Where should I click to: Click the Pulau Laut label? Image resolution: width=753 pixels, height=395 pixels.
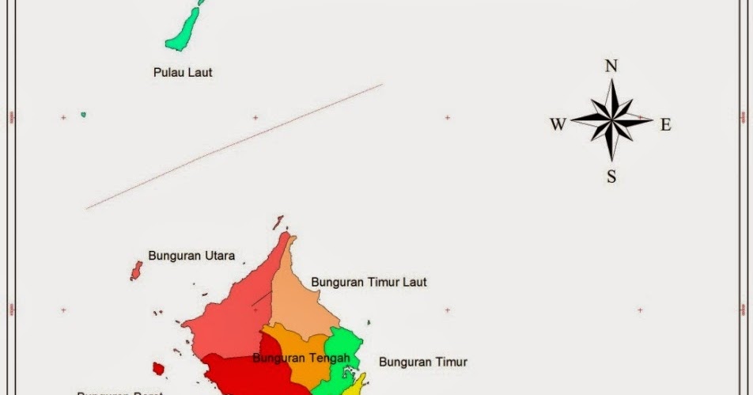(183, 73)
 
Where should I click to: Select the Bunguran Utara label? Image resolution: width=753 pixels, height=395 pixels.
(196, 256)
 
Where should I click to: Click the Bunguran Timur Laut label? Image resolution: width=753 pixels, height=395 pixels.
(369, 282)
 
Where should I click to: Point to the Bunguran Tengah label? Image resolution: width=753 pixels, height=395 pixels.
(301, 359)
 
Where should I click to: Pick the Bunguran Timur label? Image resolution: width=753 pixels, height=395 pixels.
(423, 363)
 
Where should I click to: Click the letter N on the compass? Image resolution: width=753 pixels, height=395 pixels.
(611, 66)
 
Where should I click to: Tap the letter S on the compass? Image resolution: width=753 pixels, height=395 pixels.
(611, 177)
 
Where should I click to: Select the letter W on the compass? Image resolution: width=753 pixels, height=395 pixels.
(558, 124)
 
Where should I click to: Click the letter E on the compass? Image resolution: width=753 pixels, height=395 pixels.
(665, 124)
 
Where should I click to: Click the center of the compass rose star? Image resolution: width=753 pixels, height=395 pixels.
(611, 121)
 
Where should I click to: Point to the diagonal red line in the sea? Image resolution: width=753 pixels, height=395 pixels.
(234, 146)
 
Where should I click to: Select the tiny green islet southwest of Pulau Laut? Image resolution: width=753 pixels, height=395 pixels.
(83, 115)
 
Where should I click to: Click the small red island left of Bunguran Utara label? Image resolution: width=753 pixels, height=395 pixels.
(136, 271)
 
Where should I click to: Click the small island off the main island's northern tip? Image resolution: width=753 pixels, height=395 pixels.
(278, 222)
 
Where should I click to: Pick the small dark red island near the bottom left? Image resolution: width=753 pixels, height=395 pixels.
(158, 369)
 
